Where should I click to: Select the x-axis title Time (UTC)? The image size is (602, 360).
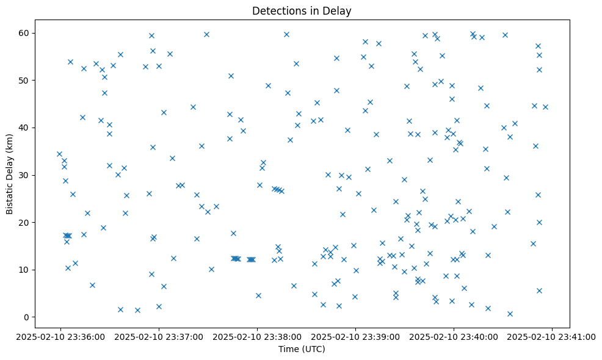click(302, 349)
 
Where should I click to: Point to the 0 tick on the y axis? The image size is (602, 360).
click(27, 317)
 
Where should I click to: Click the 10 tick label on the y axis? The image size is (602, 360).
click(24, 270)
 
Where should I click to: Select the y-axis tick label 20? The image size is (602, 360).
click(24, 222)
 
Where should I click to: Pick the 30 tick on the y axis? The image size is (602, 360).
click(24, 175)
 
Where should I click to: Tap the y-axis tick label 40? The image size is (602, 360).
click(24, 128)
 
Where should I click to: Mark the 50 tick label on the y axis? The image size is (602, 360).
click(24, 81)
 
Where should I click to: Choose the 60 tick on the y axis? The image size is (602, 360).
click(24, 33)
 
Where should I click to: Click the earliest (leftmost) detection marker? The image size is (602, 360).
click(59, 154)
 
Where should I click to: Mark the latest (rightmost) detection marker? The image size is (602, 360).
click(545, 107)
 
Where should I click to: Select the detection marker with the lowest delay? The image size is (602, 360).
click(510, 314)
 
